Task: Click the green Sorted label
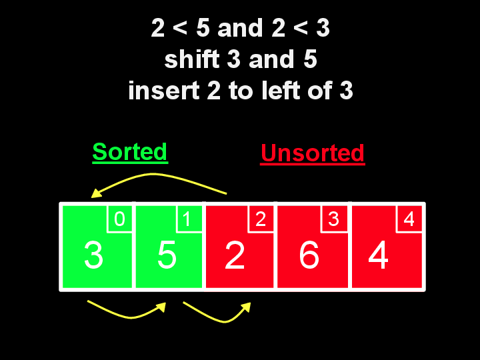tap(129, 152)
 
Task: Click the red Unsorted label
tap(312, 153)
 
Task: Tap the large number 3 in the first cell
tap(93, 255)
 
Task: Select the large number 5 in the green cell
tap(167, 255)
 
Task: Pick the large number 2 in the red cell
tap(235, 255)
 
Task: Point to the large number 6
tap(309, 255)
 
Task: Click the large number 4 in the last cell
tap(378, 255)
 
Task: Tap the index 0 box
tap(120, 219)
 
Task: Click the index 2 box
tap(261, 219)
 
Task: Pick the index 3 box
tap(335, 219)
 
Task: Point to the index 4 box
tap(409, 219)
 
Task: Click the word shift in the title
tap(191, 60)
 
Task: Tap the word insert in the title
tap(158, 91)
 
